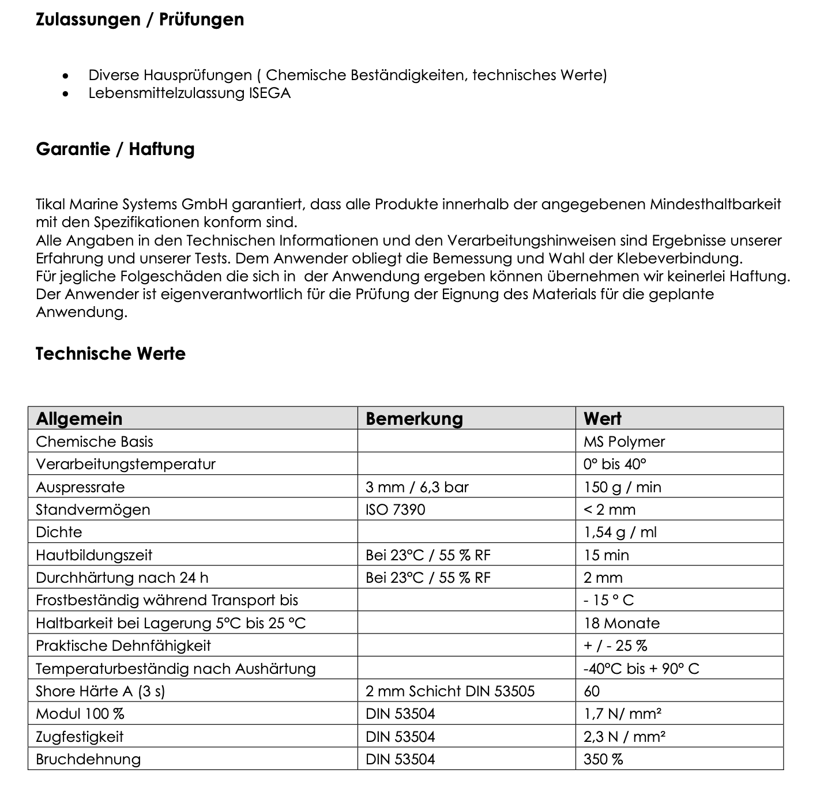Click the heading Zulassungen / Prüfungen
pyautogui.click(x=140, y=20)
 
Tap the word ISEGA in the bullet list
pyautogui.click(x=270, y=93)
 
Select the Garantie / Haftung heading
pyautogui.click(x=115, y=149)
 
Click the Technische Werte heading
pyautogui.click(x=111, y=353)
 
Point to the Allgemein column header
pyautogui.click(x=79, y=418)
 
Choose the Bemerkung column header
pyautogui.click(x=414, y=418)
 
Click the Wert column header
pyautogui.click(x=602, y=418)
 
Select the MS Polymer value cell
pyautogui.click(x=624, y=442)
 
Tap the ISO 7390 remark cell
pyautogui.click(x=395, y=510)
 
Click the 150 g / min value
pyautogui.click(x=622, y=487)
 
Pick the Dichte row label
pyautogui.click(x=59, y=532)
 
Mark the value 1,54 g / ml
pyautogui.click(x=620, y=532)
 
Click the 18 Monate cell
pyautogui.click(x=622, y=623)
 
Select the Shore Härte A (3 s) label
pyautogui.click(x=100, y=691)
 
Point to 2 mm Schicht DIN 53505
pyautogui.click(x=450, y=691)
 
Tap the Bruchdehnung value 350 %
pyautogui.click(x=603, y=759)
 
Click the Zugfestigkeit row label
pyautogui.click(x=80, y=737)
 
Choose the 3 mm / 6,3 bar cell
pyautogui.click(x=417, y=487)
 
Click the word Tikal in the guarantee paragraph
pyautogui.click(x=50, y=204)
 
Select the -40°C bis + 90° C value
pyautogui.click(x=641, y=669)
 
